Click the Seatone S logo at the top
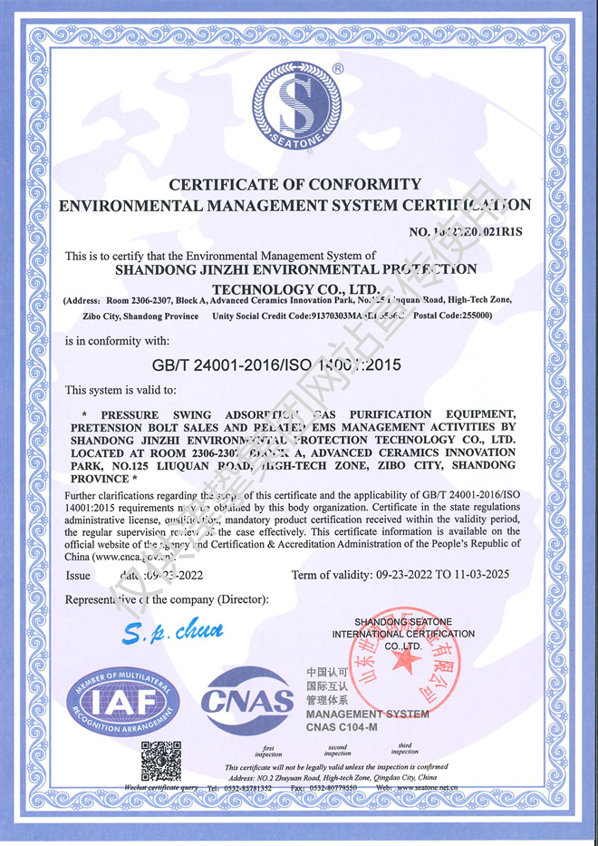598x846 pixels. coord(298,106)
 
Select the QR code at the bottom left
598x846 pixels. coord(161,761)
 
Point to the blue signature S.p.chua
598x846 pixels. coord(172,630)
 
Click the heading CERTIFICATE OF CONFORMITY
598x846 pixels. coord(294,184)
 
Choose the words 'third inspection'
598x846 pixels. coord(405,748)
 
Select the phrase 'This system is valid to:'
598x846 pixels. coord(121,390)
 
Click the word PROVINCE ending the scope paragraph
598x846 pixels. coord(100,478)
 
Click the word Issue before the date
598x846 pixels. coord(78,575)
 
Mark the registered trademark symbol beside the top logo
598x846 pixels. coord(338,68)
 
